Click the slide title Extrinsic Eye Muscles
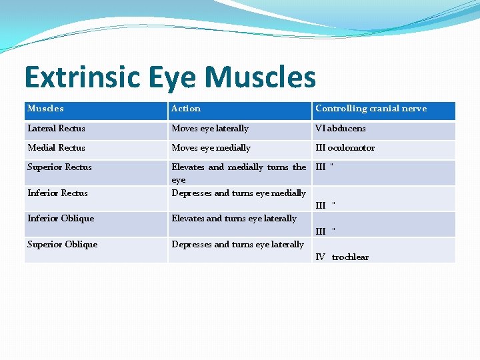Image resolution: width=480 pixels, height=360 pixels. tap(170, 77)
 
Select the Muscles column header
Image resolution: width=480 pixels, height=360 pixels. tap(45, 109)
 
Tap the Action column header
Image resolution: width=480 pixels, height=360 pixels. tap(186, 109)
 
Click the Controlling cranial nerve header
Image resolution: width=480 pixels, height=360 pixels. tap(371, 109)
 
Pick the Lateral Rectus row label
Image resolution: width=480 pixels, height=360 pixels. tap(56, 129)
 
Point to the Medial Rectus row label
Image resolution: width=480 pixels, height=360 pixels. tap(56, 148)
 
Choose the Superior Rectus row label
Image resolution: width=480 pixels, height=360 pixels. tap(59, 167)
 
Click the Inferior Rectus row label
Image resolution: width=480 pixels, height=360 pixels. tap(57, 193)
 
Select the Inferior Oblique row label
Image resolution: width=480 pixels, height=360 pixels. tap(61, 219)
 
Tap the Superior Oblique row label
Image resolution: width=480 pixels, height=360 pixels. tap(62, 245)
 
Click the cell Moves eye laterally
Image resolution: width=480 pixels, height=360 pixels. tap(210, 129)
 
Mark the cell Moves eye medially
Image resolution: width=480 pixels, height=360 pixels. tap(211, 148)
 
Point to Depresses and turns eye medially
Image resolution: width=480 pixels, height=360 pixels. tap(239, 193)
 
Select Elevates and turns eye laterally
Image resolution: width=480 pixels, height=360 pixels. tap(234, 219)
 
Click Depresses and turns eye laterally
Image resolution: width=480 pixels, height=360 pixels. tap(237, 245)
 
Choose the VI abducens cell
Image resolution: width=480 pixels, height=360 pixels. tap(340, 129)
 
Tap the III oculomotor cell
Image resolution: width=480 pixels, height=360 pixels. tap(345, 148)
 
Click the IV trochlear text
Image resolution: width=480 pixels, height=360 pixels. tap(341, 257)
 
